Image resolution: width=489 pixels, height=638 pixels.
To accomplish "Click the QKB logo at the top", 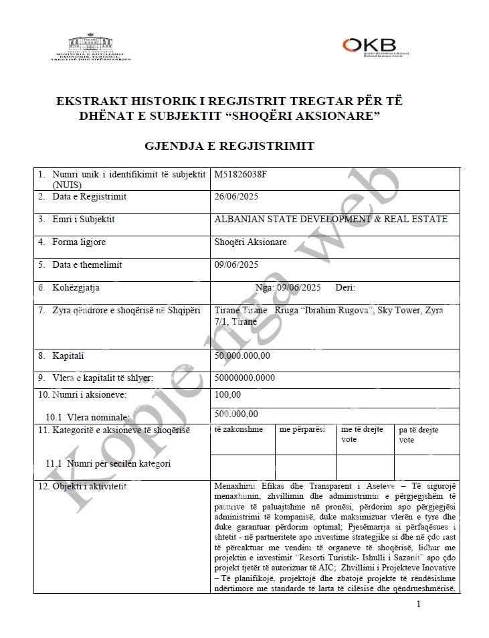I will click(375, 46).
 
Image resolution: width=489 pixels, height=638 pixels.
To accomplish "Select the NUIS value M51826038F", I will click(240, 174).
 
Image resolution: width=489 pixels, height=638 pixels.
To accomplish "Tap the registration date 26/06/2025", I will click(236, 197).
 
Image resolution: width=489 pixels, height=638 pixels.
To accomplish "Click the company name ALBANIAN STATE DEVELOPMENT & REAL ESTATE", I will click(330, 219).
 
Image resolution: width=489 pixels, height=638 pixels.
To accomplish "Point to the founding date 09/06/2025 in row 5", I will click(236, 264).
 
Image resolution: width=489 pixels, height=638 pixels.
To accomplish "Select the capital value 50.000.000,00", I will click(242, 355).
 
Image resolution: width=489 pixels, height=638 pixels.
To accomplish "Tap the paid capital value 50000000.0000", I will click(245, 378).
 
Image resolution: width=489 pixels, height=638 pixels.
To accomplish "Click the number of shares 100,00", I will click(227, 395).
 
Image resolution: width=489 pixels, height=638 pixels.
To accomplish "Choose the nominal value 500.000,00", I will click(236, 414).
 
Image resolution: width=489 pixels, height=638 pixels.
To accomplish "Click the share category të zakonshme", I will click(239, 429).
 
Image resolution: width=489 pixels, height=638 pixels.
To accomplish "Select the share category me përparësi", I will click(302, 429).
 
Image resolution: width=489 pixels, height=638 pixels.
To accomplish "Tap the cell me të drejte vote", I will click(362, 434).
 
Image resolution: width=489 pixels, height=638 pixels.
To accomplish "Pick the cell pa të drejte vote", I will click(419, 434).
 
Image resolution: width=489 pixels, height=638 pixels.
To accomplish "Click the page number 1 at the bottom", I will click(418, 605).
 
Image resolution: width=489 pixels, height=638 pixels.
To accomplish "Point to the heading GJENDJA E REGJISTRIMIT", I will click(229, 146).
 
